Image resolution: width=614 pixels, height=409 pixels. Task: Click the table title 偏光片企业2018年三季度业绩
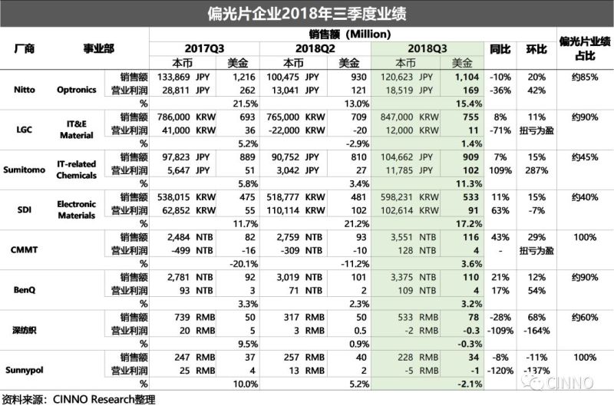[x=306, y=12]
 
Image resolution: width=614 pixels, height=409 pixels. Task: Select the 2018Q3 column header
[x=427, y=48]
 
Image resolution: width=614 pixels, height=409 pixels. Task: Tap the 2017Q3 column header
[x=205, y=48]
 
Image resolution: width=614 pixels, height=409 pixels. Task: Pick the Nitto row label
[x=24, y=89]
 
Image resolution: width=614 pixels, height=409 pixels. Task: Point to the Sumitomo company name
[x=24, y=168]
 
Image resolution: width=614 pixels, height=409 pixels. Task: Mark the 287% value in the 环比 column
[x=536, y=169]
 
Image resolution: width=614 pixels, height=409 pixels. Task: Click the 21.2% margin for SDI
[x=354, y=222]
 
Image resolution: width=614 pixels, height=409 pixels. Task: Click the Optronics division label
[x=76, y=89]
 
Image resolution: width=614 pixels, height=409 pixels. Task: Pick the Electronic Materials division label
[x=76, y=208]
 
